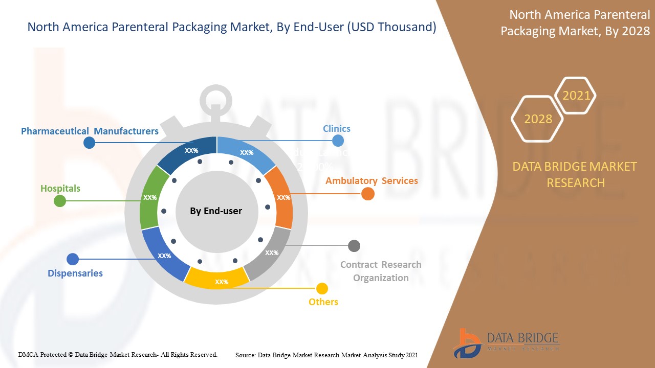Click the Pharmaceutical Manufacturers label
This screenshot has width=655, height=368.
coord(90,131)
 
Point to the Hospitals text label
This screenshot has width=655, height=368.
coord(60,189)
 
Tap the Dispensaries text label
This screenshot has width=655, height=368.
coord(75,273)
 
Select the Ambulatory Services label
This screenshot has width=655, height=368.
coord(372,181)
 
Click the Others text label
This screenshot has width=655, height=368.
coord(323,302)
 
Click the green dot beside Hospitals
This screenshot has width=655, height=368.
coord(60,200)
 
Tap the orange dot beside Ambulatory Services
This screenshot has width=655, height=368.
coord(368,194)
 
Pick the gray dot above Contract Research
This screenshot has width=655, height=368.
coord(354,246)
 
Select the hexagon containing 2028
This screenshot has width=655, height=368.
coord(537,119)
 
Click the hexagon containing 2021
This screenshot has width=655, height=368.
coord(576,96)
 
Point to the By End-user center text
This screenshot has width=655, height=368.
coord(216,211)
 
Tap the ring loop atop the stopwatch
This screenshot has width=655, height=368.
coord(216,100)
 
